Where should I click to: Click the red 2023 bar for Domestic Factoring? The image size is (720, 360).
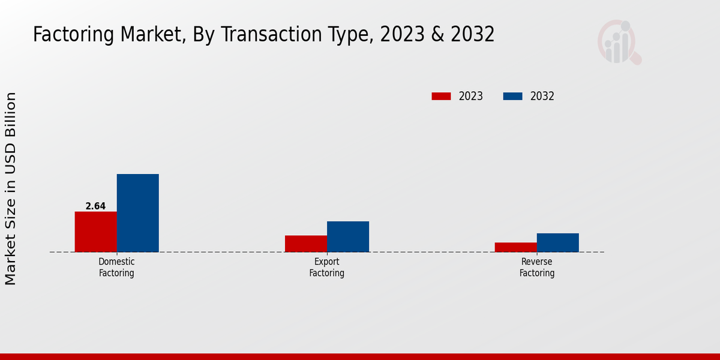click(x=96, y=232)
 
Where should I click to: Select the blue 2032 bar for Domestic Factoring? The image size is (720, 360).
click(x=138, y=213)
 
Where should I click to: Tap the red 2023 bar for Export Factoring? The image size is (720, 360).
click(x=306, y=244)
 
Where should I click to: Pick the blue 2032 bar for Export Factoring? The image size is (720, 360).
click(x=348, y=236)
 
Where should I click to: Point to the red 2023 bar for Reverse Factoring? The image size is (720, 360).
click(x=516, y=247)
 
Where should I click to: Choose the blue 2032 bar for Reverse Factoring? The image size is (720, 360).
click(x=558, y=242)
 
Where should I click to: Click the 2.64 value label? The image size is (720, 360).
click(x=95, y=206)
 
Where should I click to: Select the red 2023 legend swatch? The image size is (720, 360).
click(x=441, y=96)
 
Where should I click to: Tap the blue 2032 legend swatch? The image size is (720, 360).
click(x=512, y=96)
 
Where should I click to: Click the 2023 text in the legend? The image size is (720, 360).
click(x=471, y=96)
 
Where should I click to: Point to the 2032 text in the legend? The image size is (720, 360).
click(x=542, y=96)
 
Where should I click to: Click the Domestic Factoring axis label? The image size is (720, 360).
click(x=116, y=268)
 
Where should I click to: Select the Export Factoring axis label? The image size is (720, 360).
click(x=327, y=268)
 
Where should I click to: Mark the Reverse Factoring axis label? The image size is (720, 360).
click(x=537, y=268)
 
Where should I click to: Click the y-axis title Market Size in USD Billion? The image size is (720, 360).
click(x=11, y=188)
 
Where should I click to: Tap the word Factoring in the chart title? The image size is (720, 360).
click(x=73, y=35)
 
